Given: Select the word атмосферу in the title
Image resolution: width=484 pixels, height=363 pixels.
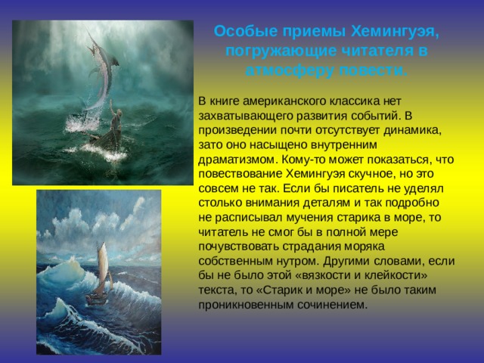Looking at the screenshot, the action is coord(290,70).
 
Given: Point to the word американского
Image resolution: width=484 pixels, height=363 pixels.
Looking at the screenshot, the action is coord(284,101).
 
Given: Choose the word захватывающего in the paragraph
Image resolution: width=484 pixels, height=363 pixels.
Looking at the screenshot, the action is coord(245,116).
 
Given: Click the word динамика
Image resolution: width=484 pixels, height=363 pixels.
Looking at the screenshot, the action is coord(412,130).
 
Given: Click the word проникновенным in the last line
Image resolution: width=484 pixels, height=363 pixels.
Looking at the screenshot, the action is coord(247,305).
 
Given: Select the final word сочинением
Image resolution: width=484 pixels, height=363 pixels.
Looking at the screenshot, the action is coord(333,305).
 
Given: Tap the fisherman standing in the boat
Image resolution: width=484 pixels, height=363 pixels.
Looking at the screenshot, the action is coord(115,119).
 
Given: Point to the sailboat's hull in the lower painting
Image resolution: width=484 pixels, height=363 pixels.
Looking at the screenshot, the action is coord(96,298).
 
